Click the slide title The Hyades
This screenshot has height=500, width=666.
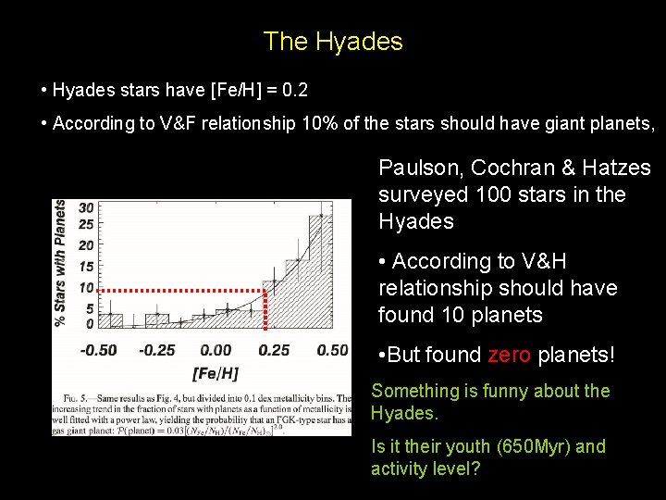point(333,42)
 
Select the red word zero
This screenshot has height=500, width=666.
point(509,356)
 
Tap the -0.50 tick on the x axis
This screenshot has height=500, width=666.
point(98,350)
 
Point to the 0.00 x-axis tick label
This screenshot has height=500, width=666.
point(216,350)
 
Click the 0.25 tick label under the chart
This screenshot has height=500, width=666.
point(274,350)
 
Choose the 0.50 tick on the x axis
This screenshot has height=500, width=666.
point(332,350)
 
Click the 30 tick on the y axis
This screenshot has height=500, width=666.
point(86,208)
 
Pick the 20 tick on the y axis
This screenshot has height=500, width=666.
point(86,245)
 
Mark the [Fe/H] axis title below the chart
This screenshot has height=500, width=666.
point(215,373)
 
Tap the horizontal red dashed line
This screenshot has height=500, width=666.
point(180,291)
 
